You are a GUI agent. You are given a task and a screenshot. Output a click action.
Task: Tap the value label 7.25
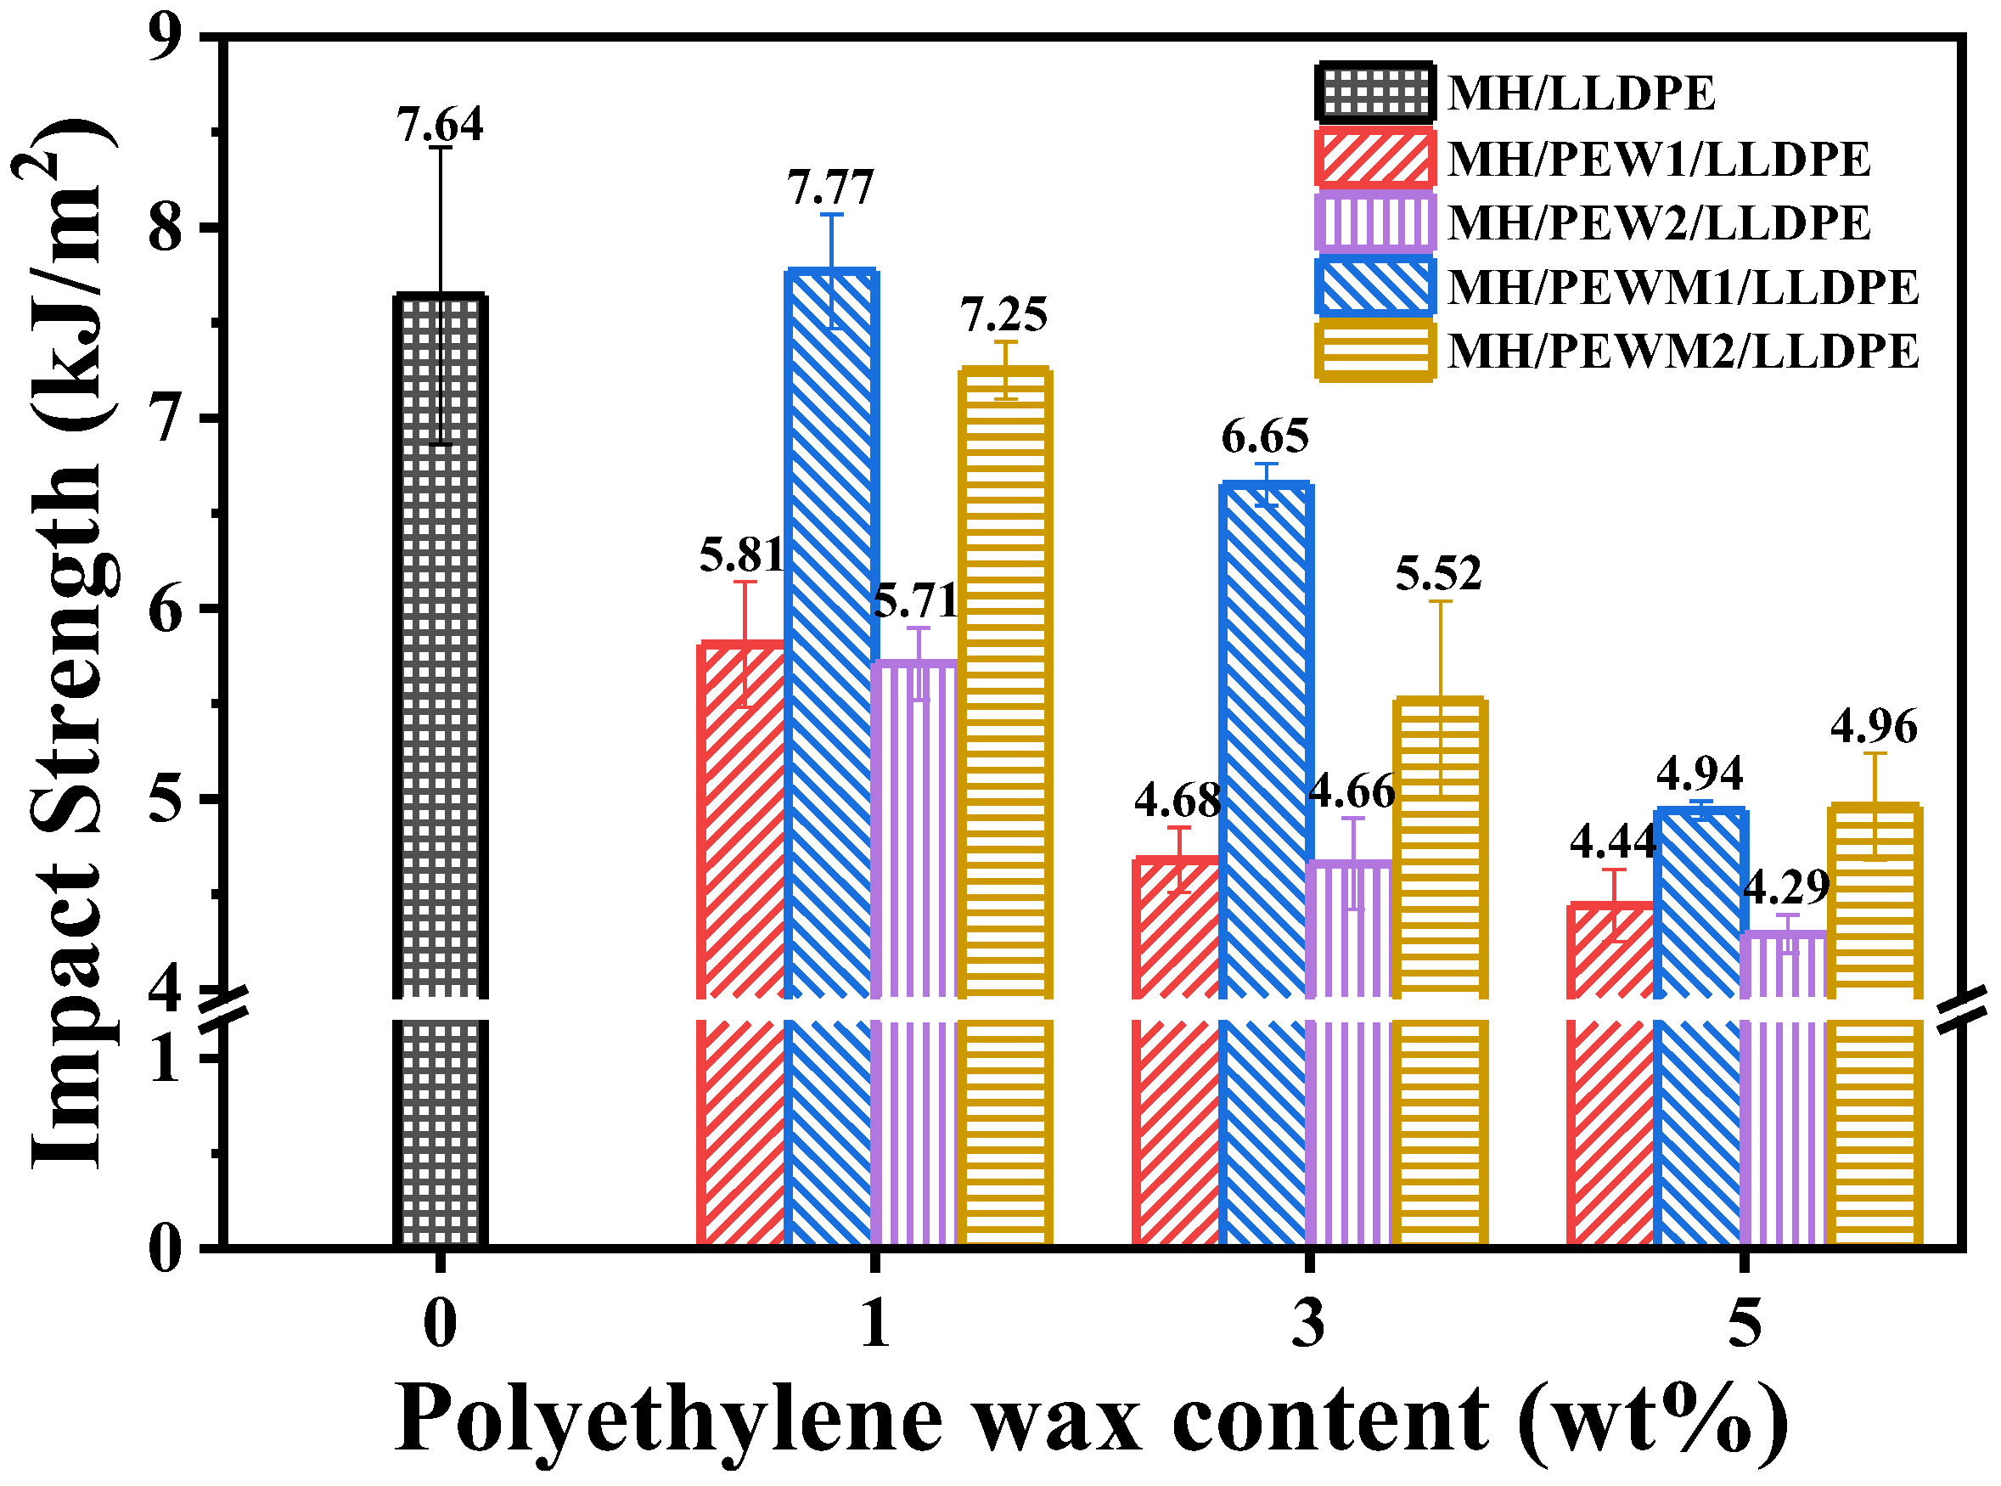(x=1003, y=315)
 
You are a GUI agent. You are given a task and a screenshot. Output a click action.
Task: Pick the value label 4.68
(x=1178, y=800)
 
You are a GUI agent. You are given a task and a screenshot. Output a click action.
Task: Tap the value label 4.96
(x=1875, y=727)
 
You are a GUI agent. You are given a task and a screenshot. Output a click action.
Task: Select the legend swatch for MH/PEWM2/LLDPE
(x=1374, y=352)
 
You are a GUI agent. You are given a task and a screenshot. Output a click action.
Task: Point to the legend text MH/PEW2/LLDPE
(x=1659, y=223)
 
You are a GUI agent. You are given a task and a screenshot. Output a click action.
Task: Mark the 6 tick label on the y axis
(x=166, y=609)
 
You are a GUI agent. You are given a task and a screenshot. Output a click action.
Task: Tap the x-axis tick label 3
(x=1308, y=1323)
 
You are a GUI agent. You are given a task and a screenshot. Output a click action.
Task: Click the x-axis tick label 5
(x=1745, y=1323)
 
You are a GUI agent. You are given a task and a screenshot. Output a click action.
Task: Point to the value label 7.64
(x=440, y=124)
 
